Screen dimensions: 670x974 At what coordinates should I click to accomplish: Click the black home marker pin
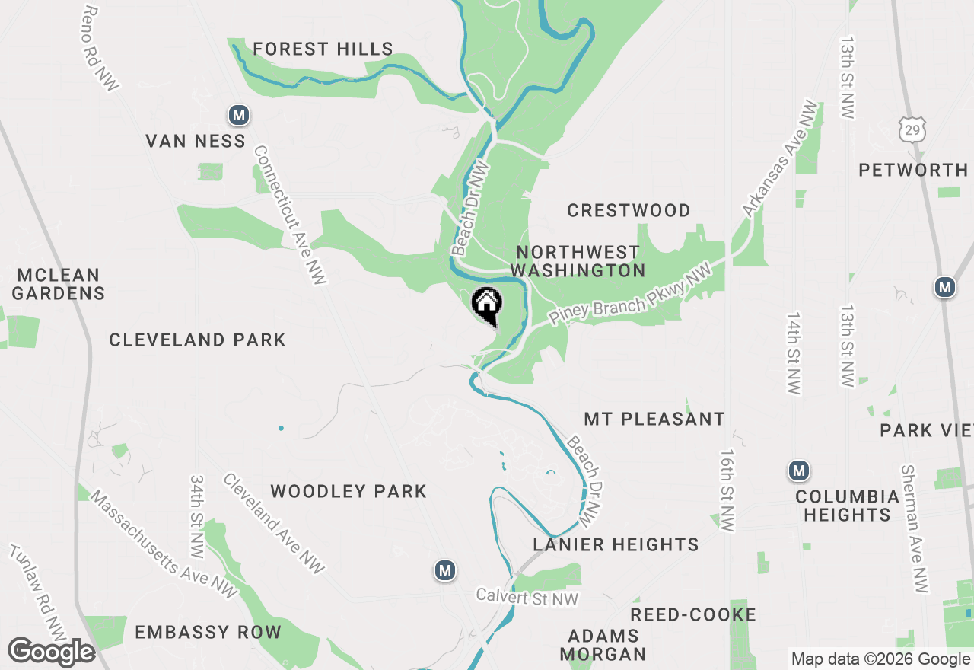tap(487, 305)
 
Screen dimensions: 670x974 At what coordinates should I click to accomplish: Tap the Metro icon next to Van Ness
tap(239, 116)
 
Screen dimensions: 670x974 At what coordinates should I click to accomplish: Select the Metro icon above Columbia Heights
tap(799, 471)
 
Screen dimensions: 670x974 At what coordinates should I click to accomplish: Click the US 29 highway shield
tap(912, 129)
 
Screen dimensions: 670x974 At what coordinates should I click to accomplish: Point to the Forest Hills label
tap(323, 49)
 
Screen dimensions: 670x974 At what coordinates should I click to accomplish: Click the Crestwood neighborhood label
tap(629, 210)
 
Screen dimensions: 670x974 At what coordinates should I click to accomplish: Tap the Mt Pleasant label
tap(654, 419)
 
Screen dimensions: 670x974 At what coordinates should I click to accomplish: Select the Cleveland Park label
tap(197, 340)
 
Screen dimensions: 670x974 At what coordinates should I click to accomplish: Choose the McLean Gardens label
tap(59, 284)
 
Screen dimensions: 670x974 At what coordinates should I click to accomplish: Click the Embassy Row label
tap(208, 632)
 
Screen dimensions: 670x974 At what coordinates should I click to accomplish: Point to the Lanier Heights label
tap(616, 544)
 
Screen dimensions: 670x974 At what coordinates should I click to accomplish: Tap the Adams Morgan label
tap(603, 644)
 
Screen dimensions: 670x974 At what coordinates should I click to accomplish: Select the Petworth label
tap(913, 170)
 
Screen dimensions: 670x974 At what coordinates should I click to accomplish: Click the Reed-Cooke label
tap(693, 614)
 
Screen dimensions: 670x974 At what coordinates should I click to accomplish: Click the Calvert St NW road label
tap(527, 598)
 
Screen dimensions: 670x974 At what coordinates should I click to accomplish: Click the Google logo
tap(51, 652)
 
